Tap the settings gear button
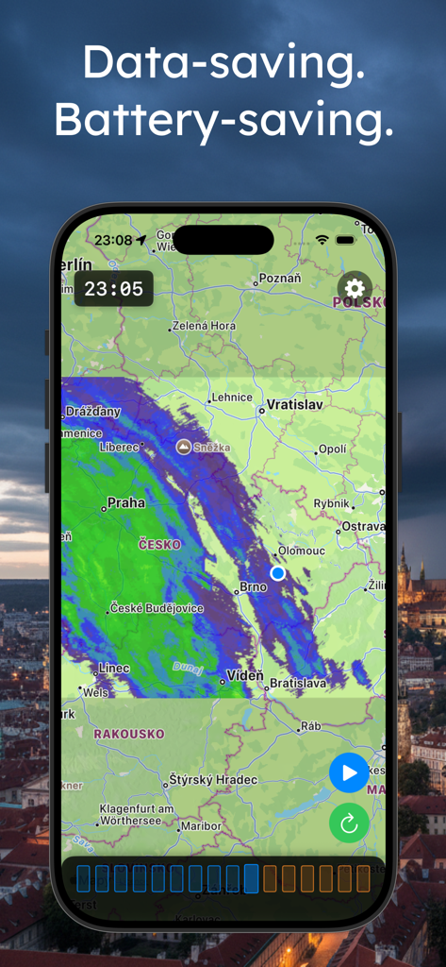pyautogui.click(x=355, y=289)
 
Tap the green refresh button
pyautogui.click(x=349, y=823)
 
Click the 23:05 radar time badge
pyautogui.click(x=114, y=289)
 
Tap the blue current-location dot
pyautogui.click(x=277, y=573)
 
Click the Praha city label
pyautogui.click(x=126, y=503)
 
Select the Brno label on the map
pyautogui.click(x=253, y=587)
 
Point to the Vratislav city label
pyautogui.click(x=295, y=405)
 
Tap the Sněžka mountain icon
pyautogui.click(x=183, y=447)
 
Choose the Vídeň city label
pyautogui.click(x=244, y=676)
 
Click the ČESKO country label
pyautogui.click(x=158, y=545)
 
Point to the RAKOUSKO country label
pyautogui.click(x=128, y=734)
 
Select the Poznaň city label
pyautogui.click(x=280, y=279)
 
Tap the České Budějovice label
pyautogui.click(x=157, y=609)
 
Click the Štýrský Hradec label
pyautogui.click(x=212, y=780)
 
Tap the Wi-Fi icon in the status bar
pyautogui.click(x=322, y=240)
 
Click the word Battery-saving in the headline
pyautogui.click(x=223, y=120)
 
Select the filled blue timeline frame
pyautogui.click(x=252, y=879)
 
